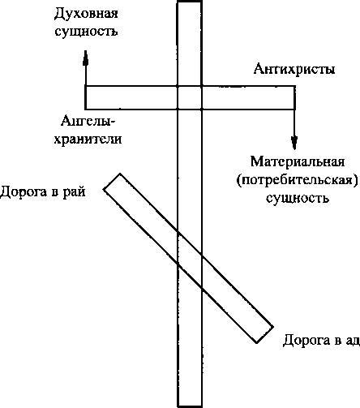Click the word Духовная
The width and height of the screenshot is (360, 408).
point(86,14)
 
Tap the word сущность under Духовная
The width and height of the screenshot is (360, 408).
point(86,32)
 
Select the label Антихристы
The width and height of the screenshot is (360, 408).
point(294,69)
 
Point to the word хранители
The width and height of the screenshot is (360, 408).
point(88,140)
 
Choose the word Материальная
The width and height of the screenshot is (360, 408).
point(298,161)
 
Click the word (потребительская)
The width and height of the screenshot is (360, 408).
point(298,180)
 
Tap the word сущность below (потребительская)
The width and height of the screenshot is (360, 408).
point(298,198)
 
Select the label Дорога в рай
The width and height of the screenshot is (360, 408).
point(43,191)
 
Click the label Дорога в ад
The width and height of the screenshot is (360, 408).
point(321,340)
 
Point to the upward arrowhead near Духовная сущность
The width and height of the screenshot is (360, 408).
point(85,58)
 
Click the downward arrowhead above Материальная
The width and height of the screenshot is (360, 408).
point(294,143)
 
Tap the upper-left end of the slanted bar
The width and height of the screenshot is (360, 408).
point(112,182)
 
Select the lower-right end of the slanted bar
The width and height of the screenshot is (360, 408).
point(265,335)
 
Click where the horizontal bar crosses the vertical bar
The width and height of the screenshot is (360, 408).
point(190,97)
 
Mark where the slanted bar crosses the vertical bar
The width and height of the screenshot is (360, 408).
point(190,260)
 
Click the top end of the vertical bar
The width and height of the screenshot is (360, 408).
point(190,2)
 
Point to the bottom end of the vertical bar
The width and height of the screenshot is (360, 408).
point(190,406)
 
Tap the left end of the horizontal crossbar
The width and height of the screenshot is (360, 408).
point(85,97)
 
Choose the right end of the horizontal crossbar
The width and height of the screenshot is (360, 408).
point(294,97)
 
